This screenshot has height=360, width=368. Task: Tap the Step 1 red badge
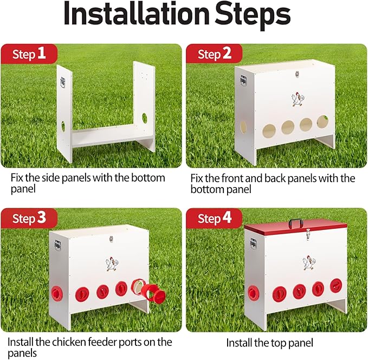29,54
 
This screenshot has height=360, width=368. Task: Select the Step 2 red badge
214,54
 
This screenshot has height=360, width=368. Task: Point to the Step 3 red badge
29,218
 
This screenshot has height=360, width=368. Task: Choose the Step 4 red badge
214,218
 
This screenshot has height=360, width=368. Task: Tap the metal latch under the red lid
307,235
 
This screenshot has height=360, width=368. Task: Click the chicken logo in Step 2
298,99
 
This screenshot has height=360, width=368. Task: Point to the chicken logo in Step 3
112,264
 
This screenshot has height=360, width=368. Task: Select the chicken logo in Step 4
309,262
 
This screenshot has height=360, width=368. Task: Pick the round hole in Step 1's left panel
63,126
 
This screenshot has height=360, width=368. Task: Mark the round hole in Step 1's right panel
145,118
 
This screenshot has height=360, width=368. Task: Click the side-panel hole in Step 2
243,127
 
